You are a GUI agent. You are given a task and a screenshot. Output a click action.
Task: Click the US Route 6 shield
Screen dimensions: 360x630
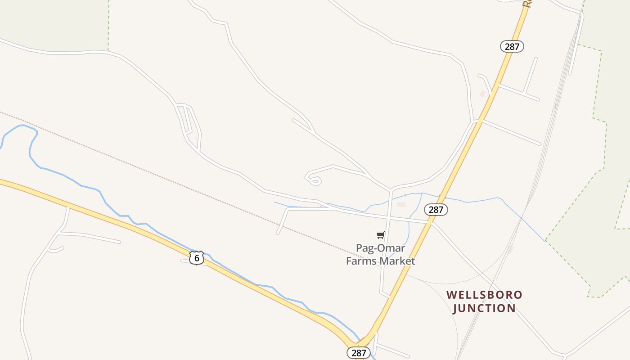pos(197,258)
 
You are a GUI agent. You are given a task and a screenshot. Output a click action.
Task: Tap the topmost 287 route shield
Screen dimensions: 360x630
pos(512,46)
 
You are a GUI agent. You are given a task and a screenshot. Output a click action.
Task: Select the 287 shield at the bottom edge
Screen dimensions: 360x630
pos(359,353)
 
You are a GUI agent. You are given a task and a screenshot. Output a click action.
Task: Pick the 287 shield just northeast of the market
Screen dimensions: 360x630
pos(436,210)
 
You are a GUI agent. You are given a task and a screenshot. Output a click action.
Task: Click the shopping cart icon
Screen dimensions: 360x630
pos(381,235)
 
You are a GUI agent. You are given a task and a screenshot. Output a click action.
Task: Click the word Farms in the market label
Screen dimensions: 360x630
pos(362,261)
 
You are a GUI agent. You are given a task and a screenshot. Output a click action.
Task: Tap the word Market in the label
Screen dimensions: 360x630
pos(398,261)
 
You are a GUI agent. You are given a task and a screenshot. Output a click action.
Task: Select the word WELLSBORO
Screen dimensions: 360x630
pos(484,295)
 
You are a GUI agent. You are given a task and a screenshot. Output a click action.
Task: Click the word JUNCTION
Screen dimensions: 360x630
pos(484,308)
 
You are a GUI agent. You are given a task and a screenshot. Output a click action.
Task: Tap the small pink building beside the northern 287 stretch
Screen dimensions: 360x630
pos(482,94)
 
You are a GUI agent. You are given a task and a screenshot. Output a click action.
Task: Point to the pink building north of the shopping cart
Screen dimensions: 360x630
pos(401,204)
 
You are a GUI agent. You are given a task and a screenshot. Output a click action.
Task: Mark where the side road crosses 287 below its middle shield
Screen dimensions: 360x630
pos(430,222)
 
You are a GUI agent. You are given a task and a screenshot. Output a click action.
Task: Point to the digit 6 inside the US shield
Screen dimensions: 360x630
pos(197,258)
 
